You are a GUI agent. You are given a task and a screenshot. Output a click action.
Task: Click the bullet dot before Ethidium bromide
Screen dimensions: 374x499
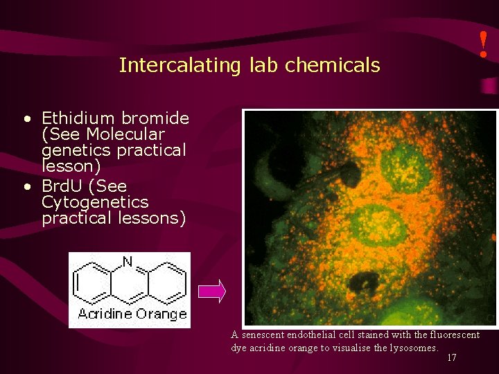[x=26, y=118]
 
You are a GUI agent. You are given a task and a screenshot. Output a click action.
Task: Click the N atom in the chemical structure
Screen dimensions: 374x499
[x=127, y=262]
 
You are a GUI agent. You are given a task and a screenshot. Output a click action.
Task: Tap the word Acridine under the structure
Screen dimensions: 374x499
[x=102, y=314]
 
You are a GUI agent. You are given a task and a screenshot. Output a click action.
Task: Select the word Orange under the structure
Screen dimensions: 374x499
[x=161, y=314]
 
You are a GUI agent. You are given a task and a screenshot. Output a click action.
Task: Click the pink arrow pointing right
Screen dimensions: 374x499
[x=212, y=292]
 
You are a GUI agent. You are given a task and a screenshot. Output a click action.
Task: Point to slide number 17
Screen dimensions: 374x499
[x=452, y=358]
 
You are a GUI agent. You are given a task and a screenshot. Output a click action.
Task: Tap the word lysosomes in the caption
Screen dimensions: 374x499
[x=412, y=348]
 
